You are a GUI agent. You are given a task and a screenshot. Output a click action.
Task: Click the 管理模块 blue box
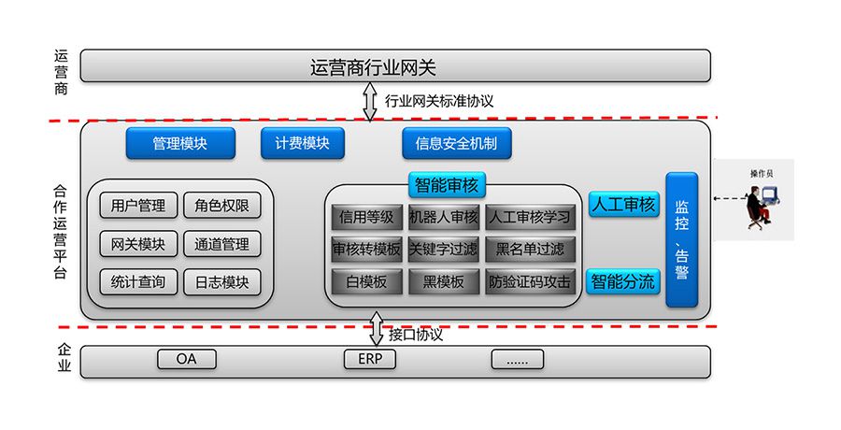(180, 143)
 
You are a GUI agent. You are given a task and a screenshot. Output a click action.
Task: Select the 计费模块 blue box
(302, 143)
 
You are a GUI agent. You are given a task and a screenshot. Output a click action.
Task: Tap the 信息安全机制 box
(457, 143)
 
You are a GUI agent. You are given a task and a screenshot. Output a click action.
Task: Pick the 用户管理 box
(137, 206)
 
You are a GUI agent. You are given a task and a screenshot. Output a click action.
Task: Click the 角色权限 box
(221, 206)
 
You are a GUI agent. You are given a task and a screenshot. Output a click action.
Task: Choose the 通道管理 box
(221, 244)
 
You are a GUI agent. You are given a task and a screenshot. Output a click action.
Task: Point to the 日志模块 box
(221, 281)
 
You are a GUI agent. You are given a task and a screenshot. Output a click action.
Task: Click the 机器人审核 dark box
(444, 217)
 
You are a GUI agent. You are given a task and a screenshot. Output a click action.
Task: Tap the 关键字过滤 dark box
(444, 249)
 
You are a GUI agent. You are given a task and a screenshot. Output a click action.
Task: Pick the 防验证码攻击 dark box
(530, 281)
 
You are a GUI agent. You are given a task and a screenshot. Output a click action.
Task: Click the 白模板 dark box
(366, 281)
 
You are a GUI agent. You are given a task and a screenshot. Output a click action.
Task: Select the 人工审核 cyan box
(623, 205)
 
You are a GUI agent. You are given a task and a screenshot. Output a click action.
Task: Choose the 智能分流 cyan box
(623, 280)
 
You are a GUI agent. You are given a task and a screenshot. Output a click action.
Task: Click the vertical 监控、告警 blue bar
(681, 239)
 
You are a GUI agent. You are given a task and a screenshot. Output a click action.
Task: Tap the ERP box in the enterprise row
(370, 359)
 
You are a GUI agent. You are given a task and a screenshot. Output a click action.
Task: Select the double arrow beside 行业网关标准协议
(370, 101)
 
